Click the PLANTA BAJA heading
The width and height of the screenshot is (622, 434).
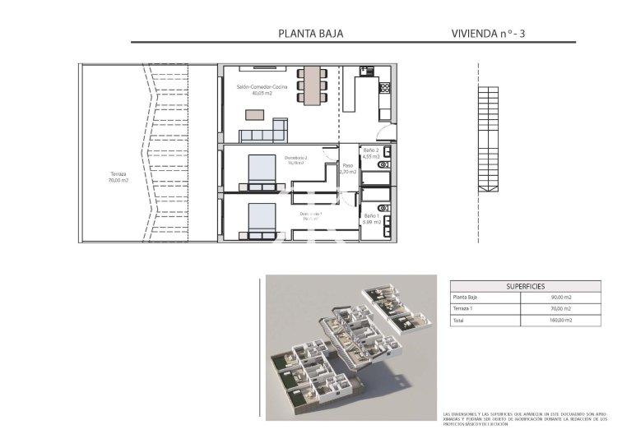pyautogui.click(x=310, y=34)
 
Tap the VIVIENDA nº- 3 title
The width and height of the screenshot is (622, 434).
pyautogui.click(x=489, y=34)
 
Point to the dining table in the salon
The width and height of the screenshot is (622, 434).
pyautogui.click(x=312, y=85)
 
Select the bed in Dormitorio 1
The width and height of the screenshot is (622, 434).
pyautogui.click(x=262, y=219)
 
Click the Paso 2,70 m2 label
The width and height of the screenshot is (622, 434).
pyautogui.click(x=348, y=169)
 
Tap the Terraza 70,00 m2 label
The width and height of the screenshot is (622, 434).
pyautogui.click(x=118, y=177)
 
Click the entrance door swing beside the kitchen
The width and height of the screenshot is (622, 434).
pyautogui.click(x=384, y=134)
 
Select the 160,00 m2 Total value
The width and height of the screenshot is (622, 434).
pyautogui.click(x=561, y=321)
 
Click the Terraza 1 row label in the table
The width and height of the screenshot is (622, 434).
pyautogui.click(x=464, y=309)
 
